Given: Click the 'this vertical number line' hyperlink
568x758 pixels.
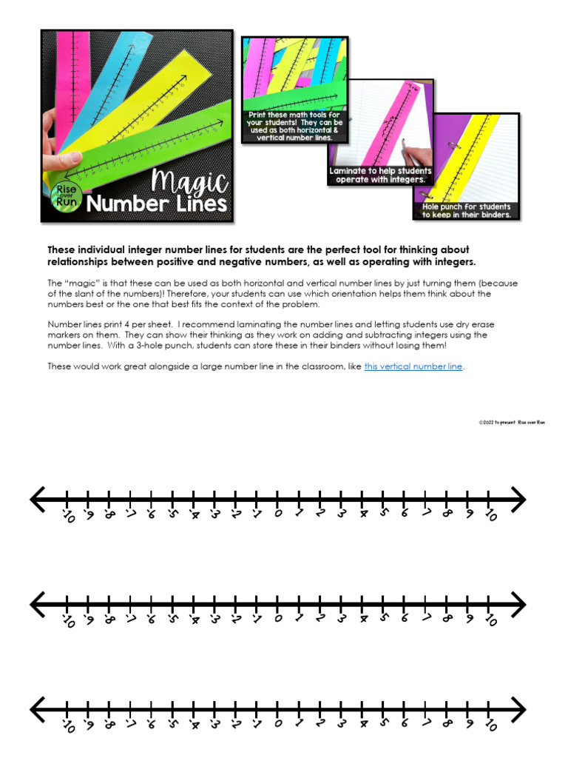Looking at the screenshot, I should [413, 366].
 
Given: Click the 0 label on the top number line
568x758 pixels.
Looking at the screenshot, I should [278, 513].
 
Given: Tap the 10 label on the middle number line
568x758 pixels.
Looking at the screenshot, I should [490, 620].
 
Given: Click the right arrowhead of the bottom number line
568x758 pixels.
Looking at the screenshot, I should [518, 709].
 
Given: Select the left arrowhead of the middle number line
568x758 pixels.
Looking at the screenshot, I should [37, 603].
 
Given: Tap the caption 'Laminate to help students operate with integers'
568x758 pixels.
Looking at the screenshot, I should [380, 175].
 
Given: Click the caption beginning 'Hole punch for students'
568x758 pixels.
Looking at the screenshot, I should [466, 210].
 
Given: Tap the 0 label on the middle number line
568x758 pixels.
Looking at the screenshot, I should [278, 618].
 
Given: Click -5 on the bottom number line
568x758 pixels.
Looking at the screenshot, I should [172, 725].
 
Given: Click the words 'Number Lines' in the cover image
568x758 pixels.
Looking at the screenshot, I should [156, 204].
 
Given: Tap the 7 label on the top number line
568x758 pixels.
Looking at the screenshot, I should [426, 513].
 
